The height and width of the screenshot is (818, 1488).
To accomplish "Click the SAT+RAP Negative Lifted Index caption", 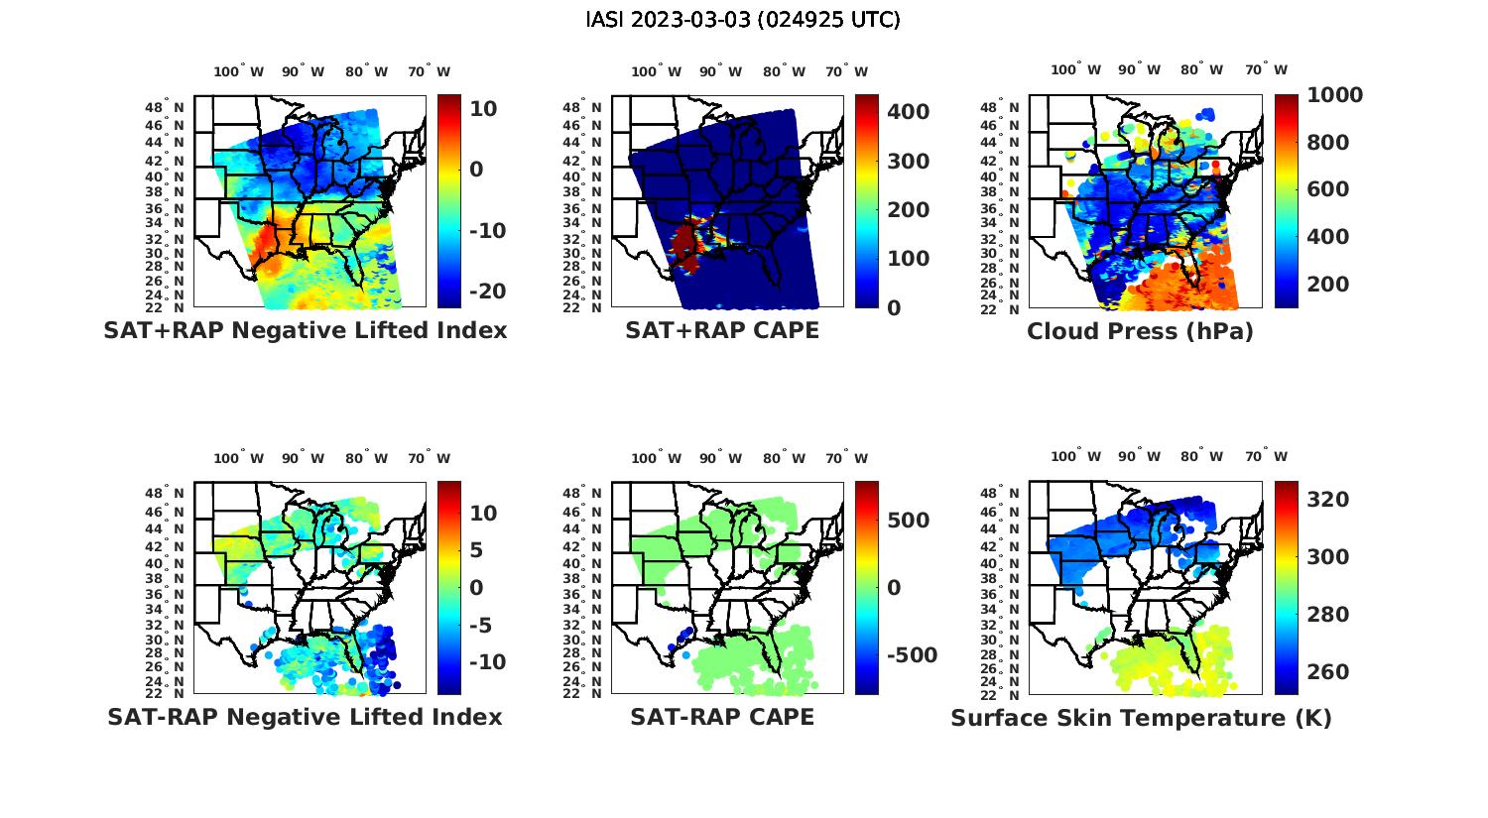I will click(x=305, y=330).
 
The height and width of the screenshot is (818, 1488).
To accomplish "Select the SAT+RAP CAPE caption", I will click(x=722, y=330).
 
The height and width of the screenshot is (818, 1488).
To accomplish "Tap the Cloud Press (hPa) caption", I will click(x=1140, y=331).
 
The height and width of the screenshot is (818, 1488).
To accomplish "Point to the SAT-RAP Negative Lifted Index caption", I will click(x=305, y=717).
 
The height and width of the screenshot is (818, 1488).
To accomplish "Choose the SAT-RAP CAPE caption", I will click(x=722, y=717).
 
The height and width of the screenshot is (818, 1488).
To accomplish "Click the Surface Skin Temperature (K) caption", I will click(x=1141, y=718).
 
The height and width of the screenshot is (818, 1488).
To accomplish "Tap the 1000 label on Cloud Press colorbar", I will click(x=1334, y=95).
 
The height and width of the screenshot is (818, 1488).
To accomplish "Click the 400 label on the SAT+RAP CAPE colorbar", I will click(x=908, y=112).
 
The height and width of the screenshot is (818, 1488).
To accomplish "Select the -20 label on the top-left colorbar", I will click(x=486, y=292).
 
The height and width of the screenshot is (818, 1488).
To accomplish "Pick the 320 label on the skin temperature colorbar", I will click(x=1328, y=500).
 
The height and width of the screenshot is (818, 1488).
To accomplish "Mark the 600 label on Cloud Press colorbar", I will click(x=1328, y=189).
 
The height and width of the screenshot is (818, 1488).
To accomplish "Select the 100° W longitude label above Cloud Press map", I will click(x=1076, y=69).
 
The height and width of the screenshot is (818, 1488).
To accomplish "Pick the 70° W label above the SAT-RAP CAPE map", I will click(x=846, y=458).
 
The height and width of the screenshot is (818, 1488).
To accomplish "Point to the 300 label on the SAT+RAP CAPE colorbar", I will click(x=908, y=162).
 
